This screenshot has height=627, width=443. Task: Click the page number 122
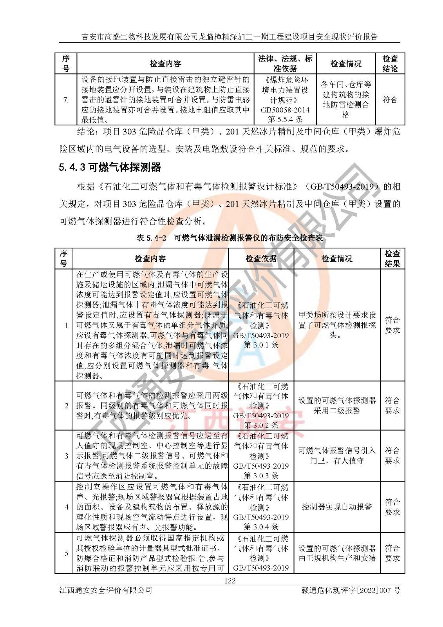pos(230,580)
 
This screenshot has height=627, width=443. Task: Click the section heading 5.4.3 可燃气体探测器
pos(110,167)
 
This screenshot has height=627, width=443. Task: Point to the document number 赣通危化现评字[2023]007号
pos(351,590)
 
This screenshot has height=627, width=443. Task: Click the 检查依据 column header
pos(261,258)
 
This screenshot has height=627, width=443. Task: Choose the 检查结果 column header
pos(392,258)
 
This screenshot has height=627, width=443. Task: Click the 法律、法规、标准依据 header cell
pos(285,63)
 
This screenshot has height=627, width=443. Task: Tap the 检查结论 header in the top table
pos(390,63)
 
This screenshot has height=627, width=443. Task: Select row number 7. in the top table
pos(66,100)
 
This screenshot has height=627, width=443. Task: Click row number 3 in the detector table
pos(66,456)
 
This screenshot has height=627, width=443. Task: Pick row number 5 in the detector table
pos(66,553)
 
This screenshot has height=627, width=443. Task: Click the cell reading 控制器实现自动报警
pos(337,507)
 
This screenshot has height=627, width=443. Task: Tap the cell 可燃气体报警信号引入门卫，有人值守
pos(337,456)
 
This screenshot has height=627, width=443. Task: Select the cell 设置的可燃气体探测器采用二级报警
pos(337,405)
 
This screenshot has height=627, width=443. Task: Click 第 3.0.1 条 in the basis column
pos(261,345)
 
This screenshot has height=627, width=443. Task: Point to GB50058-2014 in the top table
pos(285,110)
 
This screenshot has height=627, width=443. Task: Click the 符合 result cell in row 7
pos(390,100)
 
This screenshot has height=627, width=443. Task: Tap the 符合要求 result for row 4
pos(392,507)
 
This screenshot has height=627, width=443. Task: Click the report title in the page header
pos(230,37)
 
